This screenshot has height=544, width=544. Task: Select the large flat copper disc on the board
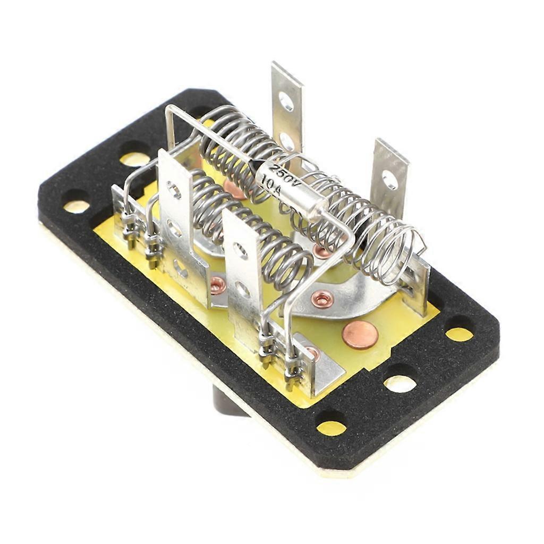[x=360, y=335]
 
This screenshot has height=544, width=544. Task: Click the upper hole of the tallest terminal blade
[x=286, y=100]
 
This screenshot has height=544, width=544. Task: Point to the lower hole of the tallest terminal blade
[x=287, y=141]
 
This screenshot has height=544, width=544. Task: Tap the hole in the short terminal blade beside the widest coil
[x=390, y=180]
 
